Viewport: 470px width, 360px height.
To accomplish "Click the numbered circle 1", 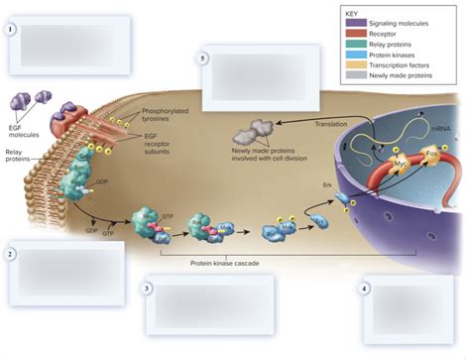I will [10, 28].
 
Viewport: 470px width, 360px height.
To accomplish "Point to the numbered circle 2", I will [10, 255].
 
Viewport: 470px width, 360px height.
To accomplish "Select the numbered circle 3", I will [147, 289].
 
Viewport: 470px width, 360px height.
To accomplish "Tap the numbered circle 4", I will [364, 289].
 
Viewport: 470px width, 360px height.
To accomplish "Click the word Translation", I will [331, 124].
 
